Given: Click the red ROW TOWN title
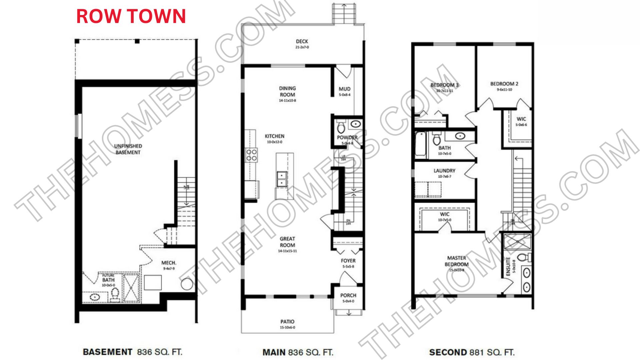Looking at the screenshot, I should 131,16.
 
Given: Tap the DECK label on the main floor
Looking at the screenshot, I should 302,42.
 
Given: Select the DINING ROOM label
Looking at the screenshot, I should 287,92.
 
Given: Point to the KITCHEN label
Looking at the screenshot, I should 275,136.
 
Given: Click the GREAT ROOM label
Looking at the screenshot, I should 287,242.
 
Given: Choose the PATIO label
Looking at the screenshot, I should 287,322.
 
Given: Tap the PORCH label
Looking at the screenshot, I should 348,296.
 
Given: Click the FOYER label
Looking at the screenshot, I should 348,261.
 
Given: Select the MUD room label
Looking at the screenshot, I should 345,89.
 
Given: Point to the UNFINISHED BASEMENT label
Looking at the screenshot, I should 128,149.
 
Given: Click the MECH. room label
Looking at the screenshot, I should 169,263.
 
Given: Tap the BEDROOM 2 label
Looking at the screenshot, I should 504,84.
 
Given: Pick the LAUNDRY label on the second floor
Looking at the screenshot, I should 444,171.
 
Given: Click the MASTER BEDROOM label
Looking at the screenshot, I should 457,261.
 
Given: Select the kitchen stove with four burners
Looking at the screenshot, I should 251,155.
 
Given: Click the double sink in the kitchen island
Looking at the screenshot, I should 282,179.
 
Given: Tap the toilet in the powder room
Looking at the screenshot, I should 341,127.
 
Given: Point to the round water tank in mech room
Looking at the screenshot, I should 187,284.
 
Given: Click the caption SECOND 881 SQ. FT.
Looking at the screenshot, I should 472,352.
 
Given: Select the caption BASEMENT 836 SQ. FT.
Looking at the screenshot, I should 132,352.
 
